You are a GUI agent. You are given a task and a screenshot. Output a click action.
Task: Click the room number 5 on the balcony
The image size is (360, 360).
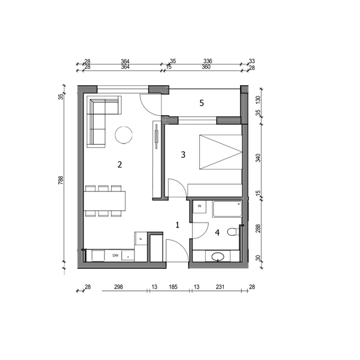[x=202, y=103]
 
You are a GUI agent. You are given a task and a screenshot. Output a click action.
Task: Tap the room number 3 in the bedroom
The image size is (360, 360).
[x=183, y=155]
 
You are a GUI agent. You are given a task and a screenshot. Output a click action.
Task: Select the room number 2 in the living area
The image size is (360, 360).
[x=119, y=164]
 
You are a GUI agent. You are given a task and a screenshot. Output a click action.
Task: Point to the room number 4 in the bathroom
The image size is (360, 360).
[x=217, y=233]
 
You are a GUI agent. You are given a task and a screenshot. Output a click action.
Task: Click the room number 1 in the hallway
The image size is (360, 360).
[x=177, y=225]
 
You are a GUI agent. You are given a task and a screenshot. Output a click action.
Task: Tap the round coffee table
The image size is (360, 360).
[x=124, y=135]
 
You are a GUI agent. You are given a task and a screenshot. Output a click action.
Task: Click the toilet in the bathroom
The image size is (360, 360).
[x=233, y=232]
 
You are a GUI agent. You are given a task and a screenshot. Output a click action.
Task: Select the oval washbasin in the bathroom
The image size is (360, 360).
[x=218, y=256]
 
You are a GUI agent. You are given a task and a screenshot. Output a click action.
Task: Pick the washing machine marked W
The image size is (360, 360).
[x=199, y=206]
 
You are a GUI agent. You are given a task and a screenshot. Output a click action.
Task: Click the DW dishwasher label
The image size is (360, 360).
[x=115, y=256]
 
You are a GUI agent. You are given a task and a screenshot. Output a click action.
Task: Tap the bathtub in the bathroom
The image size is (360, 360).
[x=227, y=209]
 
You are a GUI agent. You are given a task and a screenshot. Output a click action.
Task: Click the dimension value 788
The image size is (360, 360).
[x=61, y=180]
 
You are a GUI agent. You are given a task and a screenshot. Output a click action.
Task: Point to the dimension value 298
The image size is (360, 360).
[x=118, y=287]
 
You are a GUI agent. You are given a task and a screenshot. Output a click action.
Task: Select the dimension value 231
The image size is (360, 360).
[x=220, y=287]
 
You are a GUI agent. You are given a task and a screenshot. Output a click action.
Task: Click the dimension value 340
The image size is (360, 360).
[x=258, y=158]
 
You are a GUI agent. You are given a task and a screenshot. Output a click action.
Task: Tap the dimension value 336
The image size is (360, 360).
[x=208, y=61]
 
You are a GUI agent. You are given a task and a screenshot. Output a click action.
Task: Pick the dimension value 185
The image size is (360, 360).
[x=173, y=287]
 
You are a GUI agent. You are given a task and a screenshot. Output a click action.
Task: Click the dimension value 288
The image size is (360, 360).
[x=258, y=229]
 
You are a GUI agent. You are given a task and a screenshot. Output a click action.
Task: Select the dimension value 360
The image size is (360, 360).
[x=206, y=67]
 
